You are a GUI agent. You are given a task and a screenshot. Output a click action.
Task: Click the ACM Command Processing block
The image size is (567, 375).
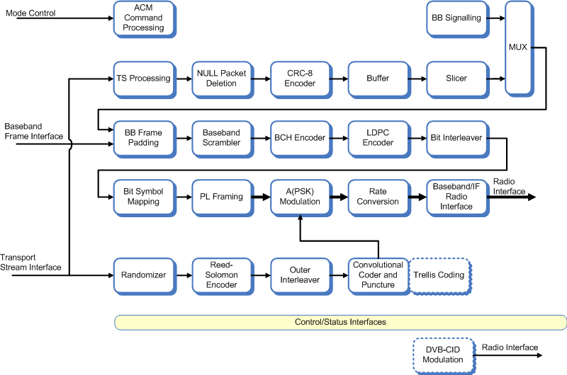click(x=144, y=19)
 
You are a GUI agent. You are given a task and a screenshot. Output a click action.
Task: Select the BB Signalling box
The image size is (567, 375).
click(x=456, y=18)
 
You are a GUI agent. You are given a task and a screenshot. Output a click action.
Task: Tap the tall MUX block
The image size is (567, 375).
click(x=518, y=47)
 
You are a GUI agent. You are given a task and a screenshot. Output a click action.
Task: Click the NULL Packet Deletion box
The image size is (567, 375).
click(x=222, y=78)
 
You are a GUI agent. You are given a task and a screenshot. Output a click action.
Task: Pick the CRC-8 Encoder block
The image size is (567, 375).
click(x=300, y=78)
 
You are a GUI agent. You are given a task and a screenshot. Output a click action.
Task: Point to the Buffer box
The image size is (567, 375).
click(x=378, y=78)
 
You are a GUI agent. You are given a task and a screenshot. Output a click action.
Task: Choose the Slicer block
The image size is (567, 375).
click(x=456, y=78)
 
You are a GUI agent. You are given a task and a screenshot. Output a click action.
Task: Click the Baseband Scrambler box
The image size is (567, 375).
click(x=222, y=137)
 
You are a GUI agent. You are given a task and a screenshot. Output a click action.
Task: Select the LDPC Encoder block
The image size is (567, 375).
click(x=378, y=137)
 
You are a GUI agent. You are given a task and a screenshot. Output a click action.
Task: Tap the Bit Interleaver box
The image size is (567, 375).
click(x=456, y=137)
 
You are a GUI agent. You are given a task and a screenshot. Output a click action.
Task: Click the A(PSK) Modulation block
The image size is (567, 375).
click(x=300, y=196)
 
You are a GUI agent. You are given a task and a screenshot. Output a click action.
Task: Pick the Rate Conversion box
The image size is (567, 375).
click(x=378, y=196)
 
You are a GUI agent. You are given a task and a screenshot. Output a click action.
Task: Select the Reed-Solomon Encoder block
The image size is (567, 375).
click(x=222, y=275)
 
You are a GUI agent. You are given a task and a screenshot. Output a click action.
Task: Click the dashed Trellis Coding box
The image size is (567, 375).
click(x=440, y=275)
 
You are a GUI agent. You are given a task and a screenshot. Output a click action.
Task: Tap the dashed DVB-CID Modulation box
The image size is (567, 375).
click(x=443, y=354)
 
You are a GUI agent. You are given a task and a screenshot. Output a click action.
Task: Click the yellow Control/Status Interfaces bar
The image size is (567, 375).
click(x=340, y=322)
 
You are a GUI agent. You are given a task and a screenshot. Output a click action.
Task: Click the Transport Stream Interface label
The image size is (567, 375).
click(x=30, y=262)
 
